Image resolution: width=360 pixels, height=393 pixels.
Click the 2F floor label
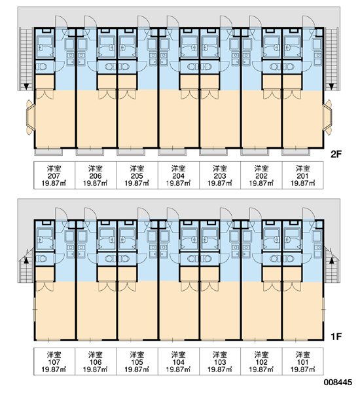[x=336, y=155]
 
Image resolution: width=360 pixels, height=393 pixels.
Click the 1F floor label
[x=336, y=337]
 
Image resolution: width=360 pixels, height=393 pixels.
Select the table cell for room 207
[x=54, y=175]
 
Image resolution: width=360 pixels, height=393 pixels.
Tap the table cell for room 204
[x=179, y=175]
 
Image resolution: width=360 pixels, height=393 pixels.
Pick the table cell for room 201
[x=302, y=175]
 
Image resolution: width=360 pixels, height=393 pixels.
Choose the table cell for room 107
[x=54, y=362]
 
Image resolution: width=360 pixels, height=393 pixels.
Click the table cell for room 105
[x=137, y=362]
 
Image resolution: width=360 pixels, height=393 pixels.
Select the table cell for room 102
[x=261, y=362]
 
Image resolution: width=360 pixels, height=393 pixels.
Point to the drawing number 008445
[x=338, y=383]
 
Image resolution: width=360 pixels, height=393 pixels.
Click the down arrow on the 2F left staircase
[x=26, y=86]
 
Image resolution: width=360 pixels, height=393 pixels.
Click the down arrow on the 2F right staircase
[x=331, y=86]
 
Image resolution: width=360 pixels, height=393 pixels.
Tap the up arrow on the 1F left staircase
[x=26, y=261]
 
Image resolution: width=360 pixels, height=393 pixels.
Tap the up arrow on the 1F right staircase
[x=332, y=261]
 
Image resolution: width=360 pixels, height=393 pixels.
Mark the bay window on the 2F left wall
[x=30, y=117]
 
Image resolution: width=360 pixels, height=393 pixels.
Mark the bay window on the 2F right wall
[x=327, y=117]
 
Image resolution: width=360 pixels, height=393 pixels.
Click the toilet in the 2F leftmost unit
[x=42, y=67]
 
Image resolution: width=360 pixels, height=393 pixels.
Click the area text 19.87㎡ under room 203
[x=220, y=183]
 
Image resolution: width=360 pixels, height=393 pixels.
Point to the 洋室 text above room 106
[x=96, y=354]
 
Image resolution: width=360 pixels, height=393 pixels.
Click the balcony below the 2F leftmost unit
[x=48, y=152]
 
